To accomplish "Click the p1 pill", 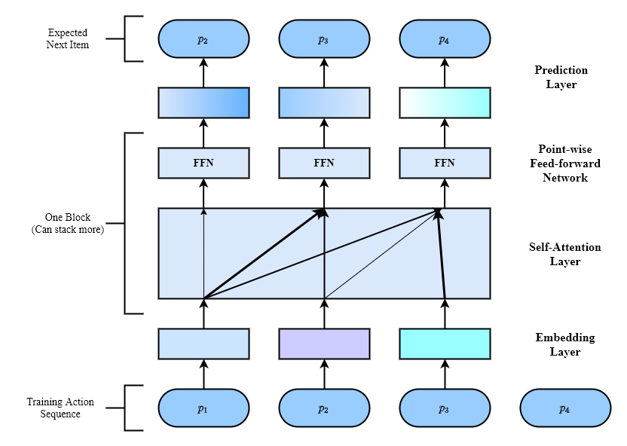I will tap(203, 408).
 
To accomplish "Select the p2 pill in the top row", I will tap(203, 38).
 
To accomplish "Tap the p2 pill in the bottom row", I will tap(324, 408).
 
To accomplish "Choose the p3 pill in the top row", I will tap(324, 38).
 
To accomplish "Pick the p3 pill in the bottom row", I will tap(445, 408).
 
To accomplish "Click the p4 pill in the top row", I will tap(445, 38).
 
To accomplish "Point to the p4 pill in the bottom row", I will tap(565, 408).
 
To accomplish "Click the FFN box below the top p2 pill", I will tap(203, 163).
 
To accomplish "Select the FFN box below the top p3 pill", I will tap(324, 163).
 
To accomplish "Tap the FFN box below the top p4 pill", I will tap(445, 163).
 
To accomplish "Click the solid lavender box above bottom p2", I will tap(324, 344).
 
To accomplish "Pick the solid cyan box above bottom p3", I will tap(445, 344).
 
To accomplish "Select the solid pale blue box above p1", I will tap(203, 344).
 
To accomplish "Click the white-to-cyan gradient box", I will tap(445, 102).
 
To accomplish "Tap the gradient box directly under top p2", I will tap(203, 102).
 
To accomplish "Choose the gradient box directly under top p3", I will tap(324, 102).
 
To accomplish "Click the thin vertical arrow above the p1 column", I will tap(203, 249).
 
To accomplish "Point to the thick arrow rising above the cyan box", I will tap(442, 256).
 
